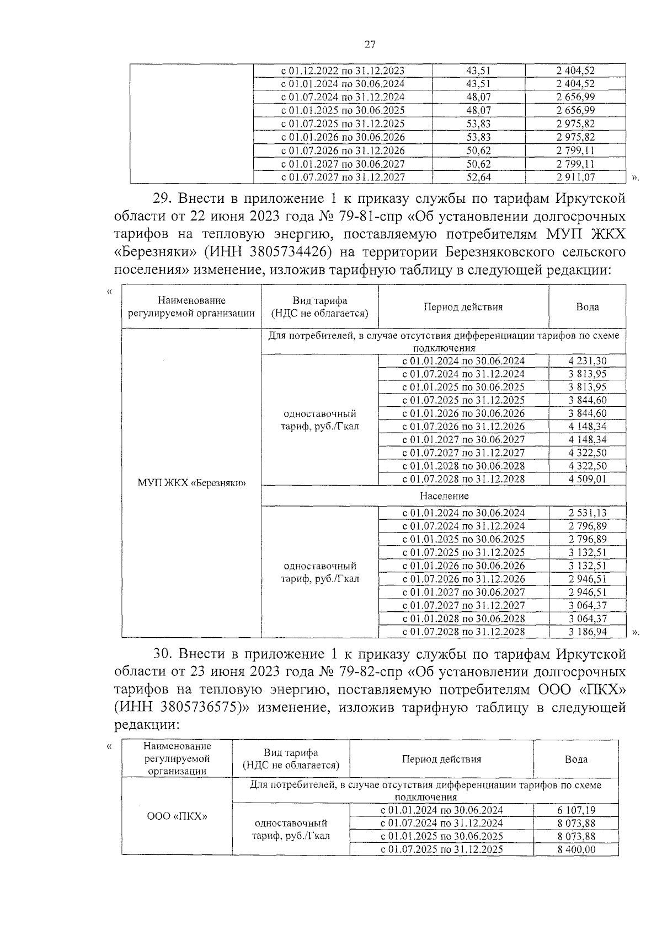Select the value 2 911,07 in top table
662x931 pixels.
575,177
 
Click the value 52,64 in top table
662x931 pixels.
478,177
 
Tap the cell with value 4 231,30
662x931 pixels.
587,361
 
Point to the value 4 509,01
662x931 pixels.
587,479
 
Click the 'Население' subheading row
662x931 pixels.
444,496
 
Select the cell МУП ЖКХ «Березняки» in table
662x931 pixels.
191,483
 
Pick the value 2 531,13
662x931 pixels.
587,513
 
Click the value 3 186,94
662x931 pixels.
587,632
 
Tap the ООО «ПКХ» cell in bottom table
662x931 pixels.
177,816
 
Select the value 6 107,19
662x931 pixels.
576,810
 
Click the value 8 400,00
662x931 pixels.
576,849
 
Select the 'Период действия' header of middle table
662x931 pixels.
463,307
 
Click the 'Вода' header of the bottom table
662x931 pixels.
576,759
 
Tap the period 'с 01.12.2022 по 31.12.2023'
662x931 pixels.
343,71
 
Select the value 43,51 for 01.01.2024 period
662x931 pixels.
478,84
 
